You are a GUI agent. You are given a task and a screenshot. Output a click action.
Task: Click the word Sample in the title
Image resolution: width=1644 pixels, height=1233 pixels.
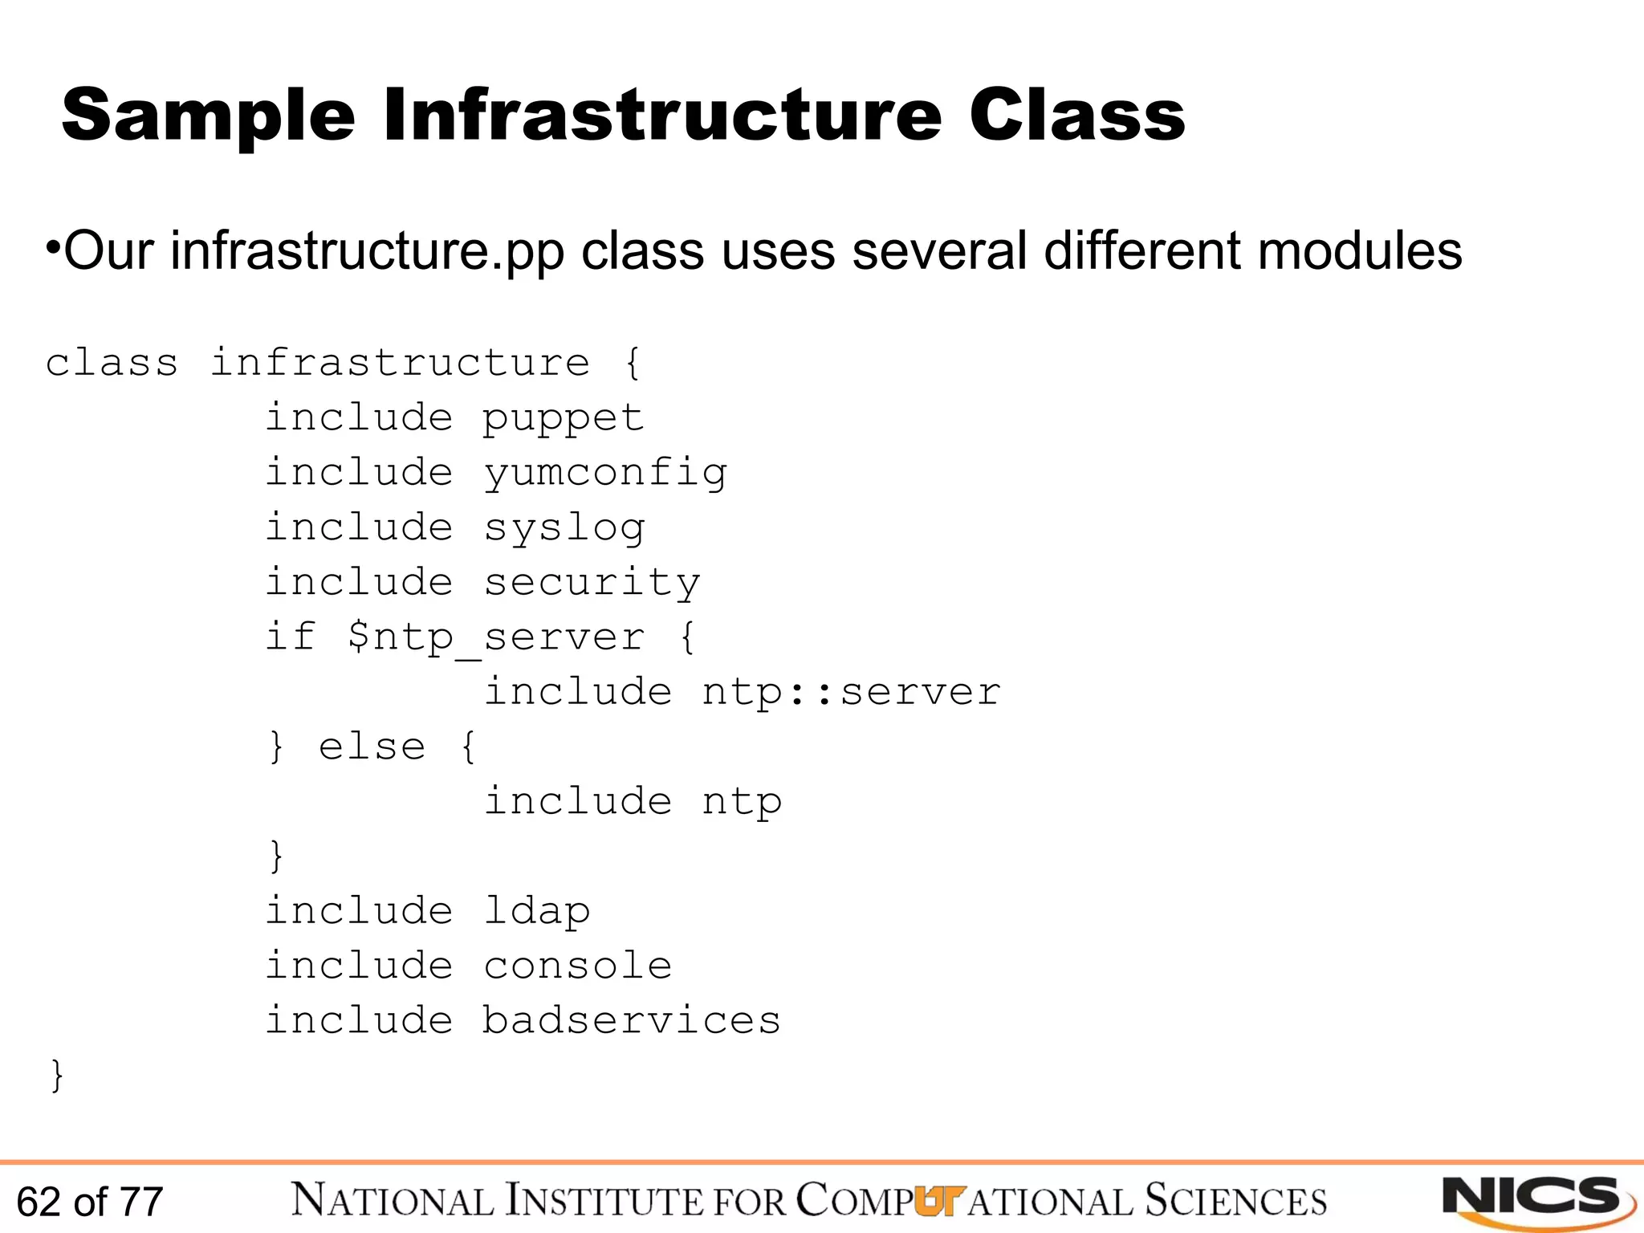click(208, 117)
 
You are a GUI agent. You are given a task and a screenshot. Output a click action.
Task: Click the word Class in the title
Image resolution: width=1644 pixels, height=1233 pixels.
click(1076, 117)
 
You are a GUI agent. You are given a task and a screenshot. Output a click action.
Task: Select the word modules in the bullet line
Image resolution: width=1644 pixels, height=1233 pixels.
click(1360, 250)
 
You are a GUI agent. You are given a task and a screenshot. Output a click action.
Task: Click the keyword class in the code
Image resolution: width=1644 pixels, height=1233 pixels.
click(112, 363)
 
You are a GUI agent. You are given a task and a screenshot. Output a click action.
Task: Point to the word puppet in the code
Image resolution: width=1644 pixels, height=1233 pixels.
click(563, 418)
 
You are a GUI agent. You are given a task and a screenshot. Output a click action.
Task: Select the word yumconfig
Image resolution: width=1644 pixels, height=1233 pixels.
click(605, 473)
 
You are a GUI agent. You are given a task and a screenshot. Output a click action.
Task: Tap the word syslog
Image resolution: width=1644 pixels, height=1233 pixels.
click(564, 528)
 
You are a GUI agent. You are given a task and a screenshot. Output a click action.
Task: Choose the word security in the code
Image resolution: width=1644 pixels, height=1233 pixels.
click(592, 583)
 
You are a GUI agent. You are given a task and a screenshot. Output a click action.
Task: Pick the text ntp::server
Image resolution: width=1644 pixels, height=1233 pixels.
click(851, 692)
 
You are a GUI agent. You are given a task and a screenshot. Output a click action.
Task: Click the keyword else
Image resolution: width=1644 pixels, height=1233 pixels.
click(372, 747)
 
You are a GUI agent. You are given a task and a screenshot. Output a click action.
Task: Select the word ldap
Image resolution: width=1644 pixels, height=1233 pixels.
click(536, 912)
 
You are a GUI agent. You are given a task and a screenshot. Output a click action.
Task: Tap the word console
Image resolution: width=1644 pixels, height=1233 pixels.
click(578, 966)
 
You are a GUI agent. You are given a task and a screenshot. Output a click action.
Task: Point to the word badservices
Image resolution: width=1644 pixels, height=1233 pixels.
click(631, 1020)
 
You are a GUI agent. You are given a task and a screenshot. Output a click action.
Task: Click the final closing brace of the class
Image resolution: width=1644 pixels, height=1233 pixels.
click(57, 1075)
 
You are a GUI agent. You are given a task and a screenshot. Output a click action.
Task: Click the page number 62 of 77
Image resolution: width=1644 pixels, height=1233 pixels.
click(90, 1202)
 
